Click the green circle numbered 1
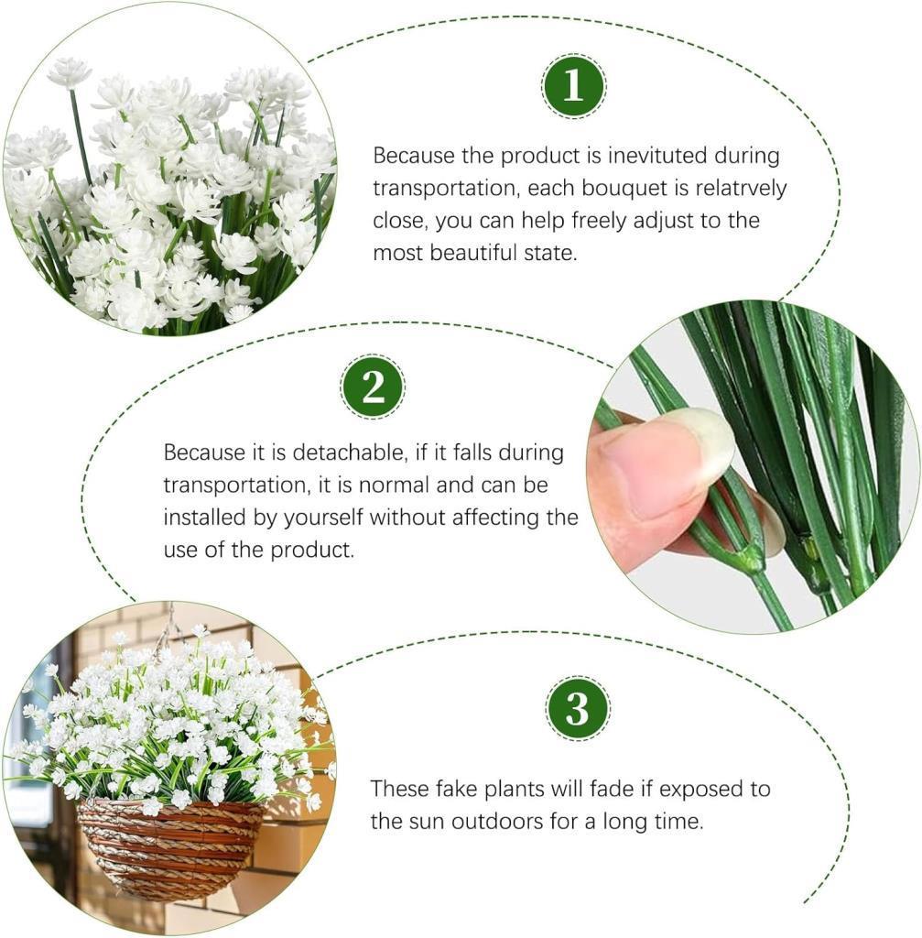[x=573, y=85]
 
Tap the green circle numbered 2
[x=373, y=387]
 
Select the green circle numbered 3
[x=578, y=708]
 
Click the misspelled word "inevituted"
[x=657, y=156]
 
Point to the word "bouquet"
[x=624, y=188]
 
